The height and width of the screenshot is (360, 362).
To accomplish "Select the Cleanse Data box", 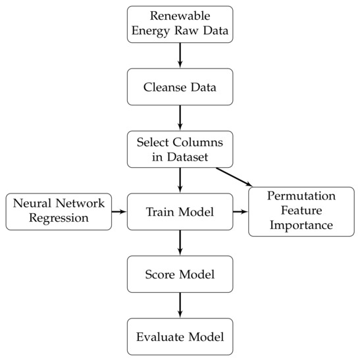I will tap(180, 86).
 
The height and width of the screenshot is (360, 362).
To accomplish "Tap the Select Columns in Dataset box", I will tap(180, 149).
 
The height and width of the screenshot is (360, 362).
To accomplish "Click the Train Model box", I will tap(180, 212).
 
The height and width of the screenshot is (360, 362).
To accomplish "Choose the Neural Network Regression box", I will tap(58, 212).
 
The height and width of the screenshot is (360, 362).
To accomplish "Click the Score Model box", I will tap(180, 274).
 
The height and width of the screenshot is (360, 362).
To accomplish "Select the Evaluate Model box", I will tap(180, 336).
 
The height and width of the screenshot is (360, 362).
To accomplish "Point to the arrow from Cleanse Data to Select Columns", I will tap(180, 117).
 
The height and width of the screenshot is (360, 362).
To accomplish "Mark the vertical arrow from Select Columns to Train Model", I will tap(180, 180).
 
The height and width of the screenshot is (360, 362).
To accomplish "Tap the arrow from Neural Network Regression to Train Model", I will tap(120, 212).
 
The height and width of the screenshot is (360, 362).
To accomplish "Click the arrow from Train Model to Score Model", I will tap(180, 243).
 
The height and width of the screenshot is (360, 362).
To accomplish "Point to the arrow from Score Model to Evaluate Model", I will tap(180, 305).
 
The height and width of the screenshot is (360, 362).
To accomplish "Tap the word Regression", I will tap(58, 219).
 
